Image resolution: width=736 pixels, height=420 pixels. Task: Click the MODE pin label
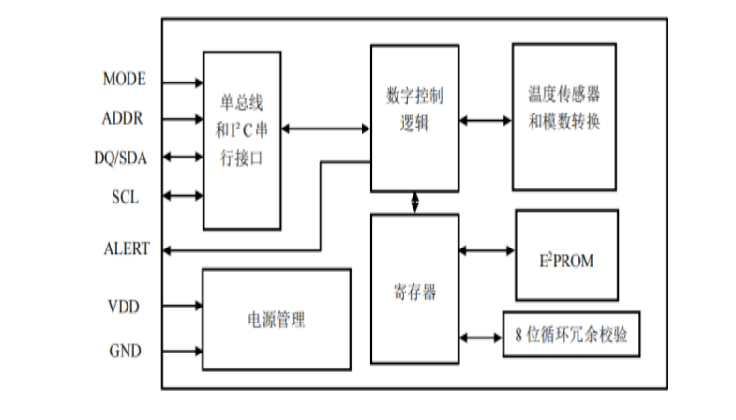pyautogui.click(x=124, y=80)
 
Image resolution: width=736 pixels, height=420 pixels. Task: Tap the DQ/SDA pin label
pyautogui.click(x=120, y=157)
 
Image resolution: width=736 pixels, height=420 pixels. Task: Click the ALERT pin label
pyautogui.click(x=125, y=249)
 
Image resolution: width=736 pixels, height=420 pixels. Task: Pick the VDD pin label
pyautogui.click(x=125, y=305)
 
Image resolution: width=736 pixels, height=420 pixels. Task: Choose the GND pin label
pyautogui.click(x=125, y=352)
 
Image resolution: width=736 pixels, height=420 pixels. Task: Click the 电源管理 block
pyautogui.click(x=277, y=321)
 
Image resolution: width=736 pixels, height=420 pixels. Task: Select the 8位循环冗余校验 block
pyautogui.click(x=572, y=336)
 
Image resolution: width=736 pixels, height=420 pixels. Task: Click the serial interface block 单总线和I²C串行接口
pyautogui.click(x=242, y=140)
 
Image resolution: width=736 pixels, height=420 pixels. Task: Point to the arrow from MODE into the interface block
pyautogui.click(x=184, y=82)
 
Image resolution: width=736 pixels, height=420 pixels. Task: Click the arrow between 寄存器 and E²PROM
pyautogui.click(x=486, y=250)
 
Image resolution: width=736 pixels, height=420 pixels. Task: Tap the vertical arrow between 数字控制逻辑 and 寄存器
pyautogui.click(x=413, y=202)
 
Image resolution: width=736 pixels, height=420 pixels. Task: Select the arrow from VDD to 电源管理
pyautogui.click(x=184, y=306)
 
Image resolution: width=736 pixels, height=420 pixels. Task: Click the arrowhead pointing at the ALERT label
pyautogui.click(x=168, y=250)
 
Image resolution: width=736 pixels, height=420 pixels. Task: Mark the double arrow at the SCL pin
pyautogui.click(x=184, y=196)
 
